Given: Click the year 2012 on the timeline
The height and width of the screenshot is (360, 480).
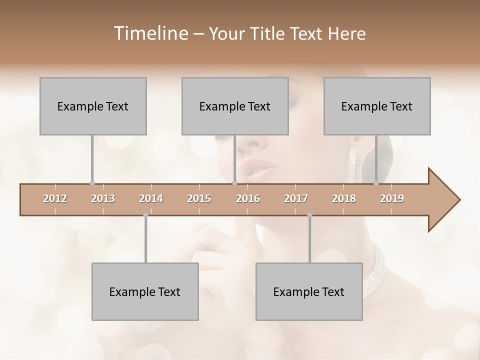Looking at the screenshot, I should click(x=55, y=198).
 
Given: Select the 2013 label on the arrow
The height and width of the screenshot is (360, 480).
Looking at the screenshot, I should click(x=103, y=198).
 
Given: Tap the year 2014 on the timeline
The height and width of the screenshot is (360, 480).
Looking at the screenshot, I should click(x=151, y=198).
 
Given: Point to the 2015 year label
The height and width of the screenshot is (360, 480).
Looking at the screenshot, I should click(x=199, y=198).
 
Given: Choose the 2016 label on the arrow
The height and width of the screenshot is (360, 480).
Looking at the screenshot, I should click(x=248, y=198).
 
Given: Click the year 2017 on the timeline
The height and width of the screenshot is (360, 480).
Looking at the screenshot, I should click(x=296, y=198).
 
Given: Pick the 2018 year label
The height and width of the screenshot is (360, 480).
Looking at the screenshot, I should click(x=344, y=198).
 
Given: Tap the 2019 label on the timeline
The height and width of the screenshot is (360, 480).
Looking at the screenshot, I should click(x=392, y=198).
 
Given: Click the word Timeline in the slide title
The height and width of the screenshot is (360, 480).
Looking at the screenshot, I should click(x=150, y=33).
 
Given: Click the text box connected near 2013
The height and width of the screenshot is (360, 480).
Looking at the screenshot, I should click(x=93, y=106).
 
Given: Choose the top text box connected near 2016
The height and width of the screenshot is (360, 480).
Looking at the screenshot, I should click(x=235, y=106).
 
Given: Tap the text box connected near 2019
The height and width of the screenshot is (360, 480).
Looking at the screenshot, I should click(x=377, y=106).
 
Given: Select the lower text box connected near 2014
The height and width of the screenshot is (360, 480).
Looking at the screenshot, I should click(x=145, y=291).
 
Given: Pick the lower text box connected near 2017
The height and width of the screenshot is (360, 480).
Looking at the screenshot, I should click(x=309, y=291).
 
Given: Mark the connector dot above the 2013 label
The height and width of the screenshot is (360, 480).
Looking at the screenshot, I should click(x=92, y=183).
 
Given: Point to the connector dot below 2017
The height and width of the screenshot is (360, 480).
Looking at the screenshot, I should click(x=309, y=215).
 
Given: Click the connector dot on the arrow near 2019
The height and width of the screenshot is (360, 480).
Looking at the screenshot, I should click(x=376, y=183).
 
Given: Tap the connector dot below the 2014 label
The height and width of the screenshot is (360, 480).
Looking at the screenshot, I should click(x=145, y=215).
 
